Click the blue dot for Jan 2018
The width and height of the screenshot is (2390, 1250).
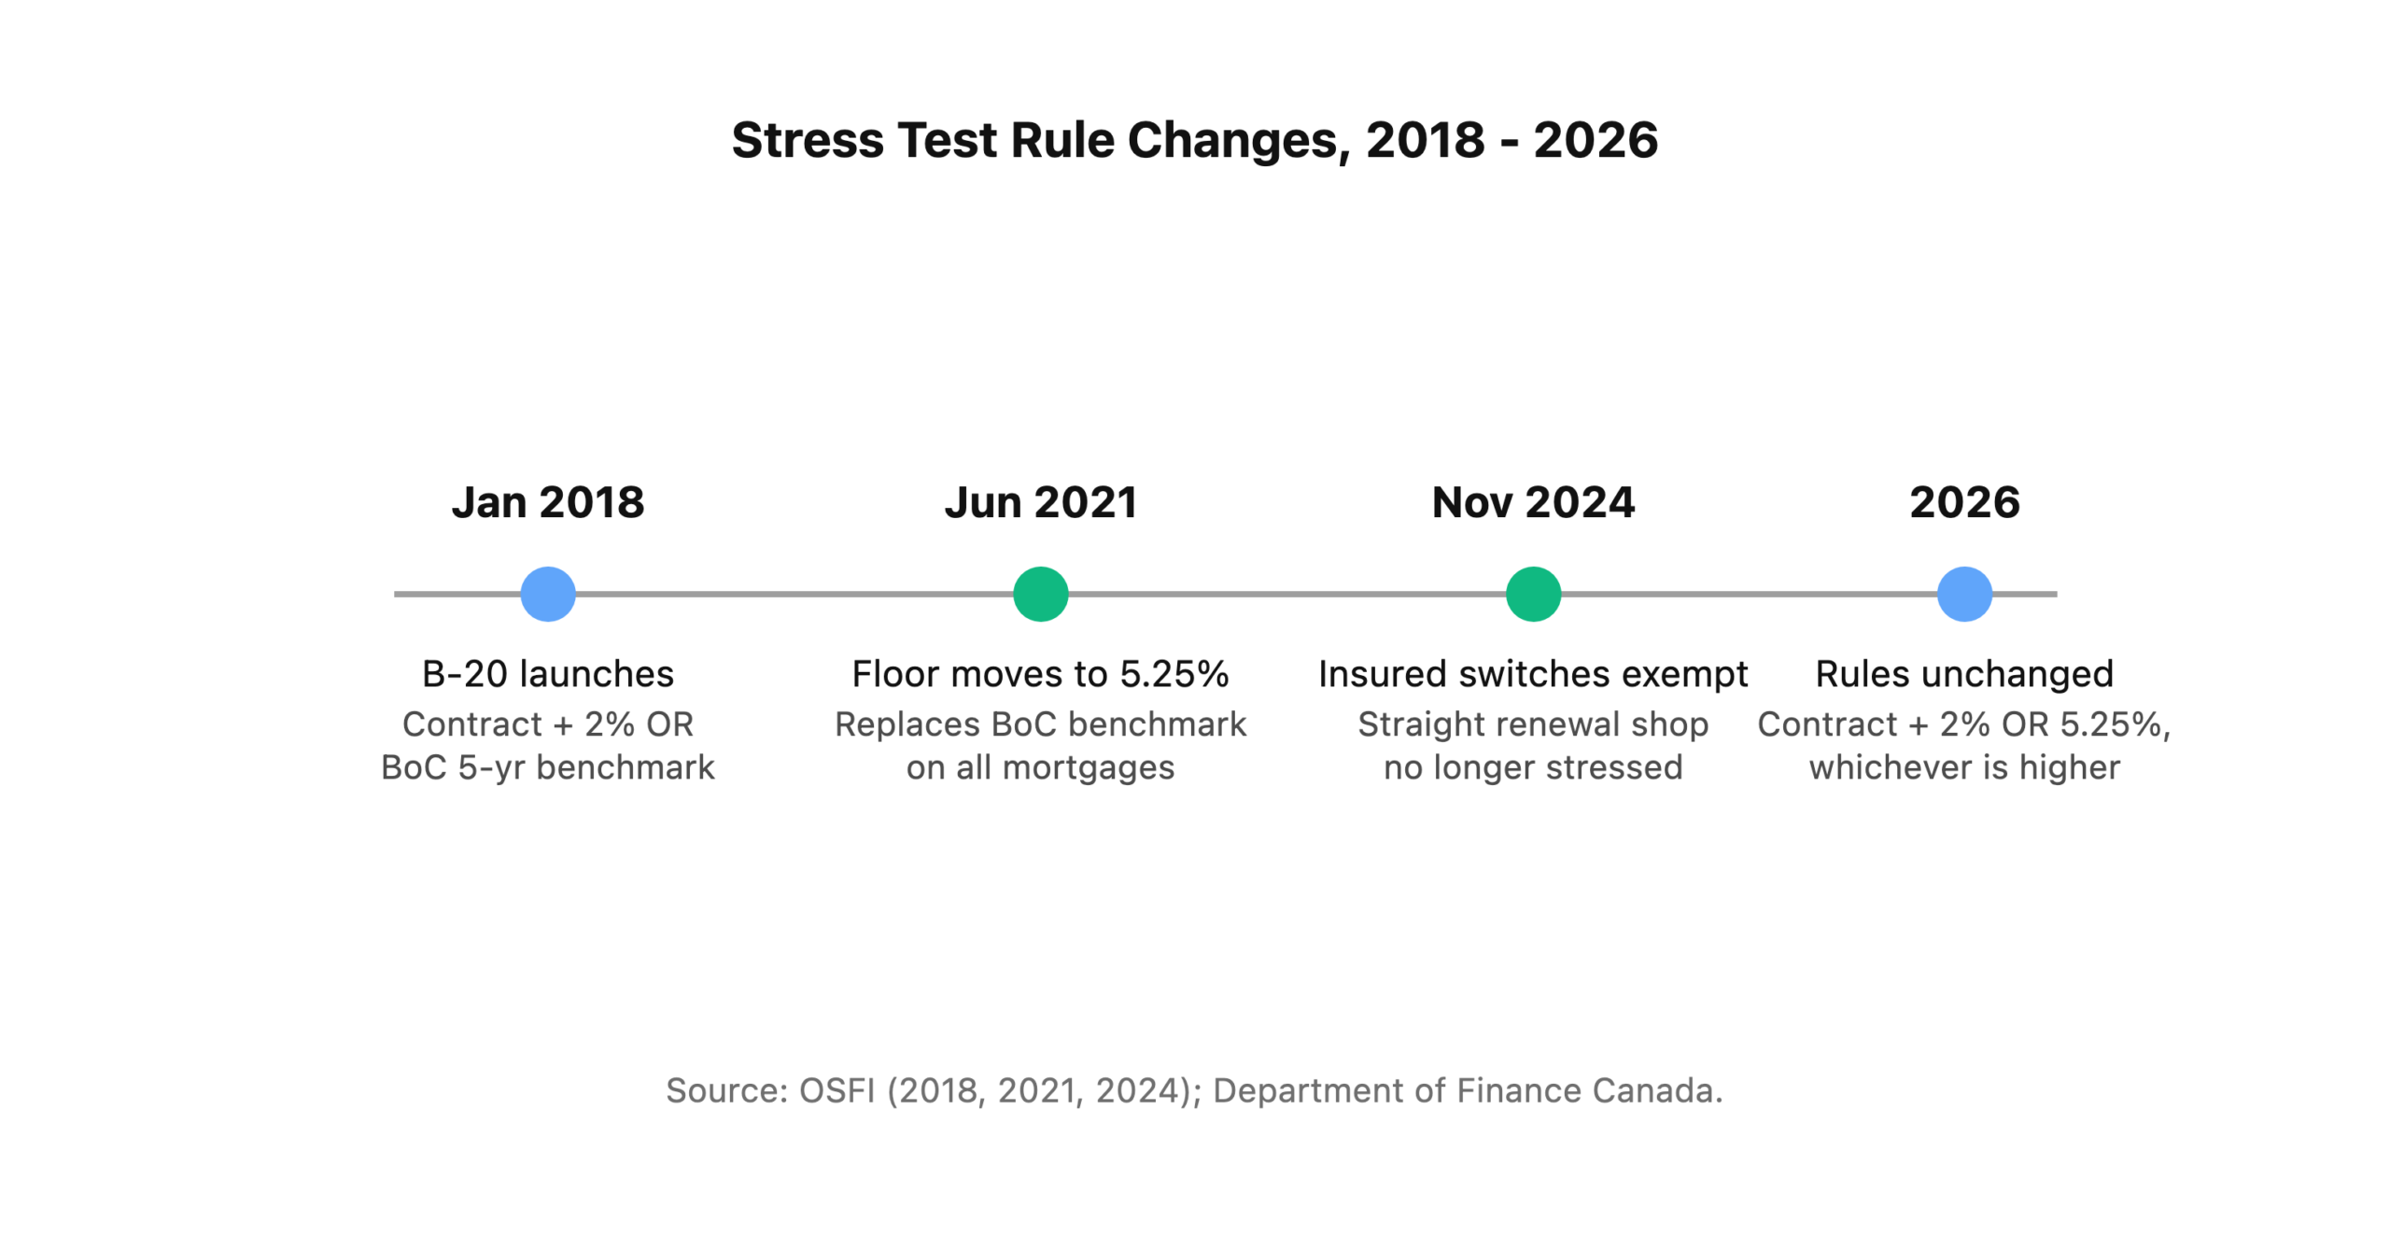[547, 594]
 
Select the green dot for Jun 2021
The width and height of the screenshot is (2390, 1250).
[1040, 594]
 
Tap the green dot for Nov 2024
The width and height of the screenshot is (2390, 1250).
[1533, 594]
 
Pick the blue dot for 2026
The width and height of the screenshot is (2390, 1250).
[1964, 594]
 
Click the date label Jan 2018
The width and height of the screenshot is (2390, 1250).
[547, 502]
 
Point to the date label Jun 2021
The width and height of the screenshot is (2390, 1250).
[1040, 502]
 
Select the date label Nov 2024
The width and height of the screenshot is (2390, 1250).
[1533, 502]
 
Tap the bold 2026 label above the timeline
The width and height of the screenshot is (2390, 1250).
[1964, 502]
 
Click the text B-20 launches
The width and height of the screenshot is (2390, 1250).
[547, 673]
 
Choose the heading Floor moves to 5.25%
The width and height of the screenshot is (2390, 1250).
[1040, 673]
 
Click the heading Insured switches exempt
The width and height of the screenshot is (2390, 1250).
[1533, 673]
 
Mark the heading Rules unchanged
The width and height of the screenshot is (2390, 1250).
[1964, 673]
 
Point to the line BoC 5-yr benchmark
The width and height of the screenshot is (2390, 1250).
[547, 767]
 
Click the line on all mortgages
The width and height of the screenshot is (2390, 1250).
[1040, 767]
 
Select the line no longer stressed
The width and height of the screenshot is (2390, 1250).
[1533, 767]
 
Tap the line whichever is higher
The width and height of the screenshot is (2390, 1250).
[1964, 767]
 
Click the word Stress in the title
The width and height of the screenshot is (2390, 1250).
[808, 140]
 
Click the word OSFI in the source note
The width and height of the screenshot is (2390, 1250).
[836, 1090]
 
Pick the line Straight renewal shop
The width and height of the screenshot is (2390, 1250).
[1533, 723]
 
